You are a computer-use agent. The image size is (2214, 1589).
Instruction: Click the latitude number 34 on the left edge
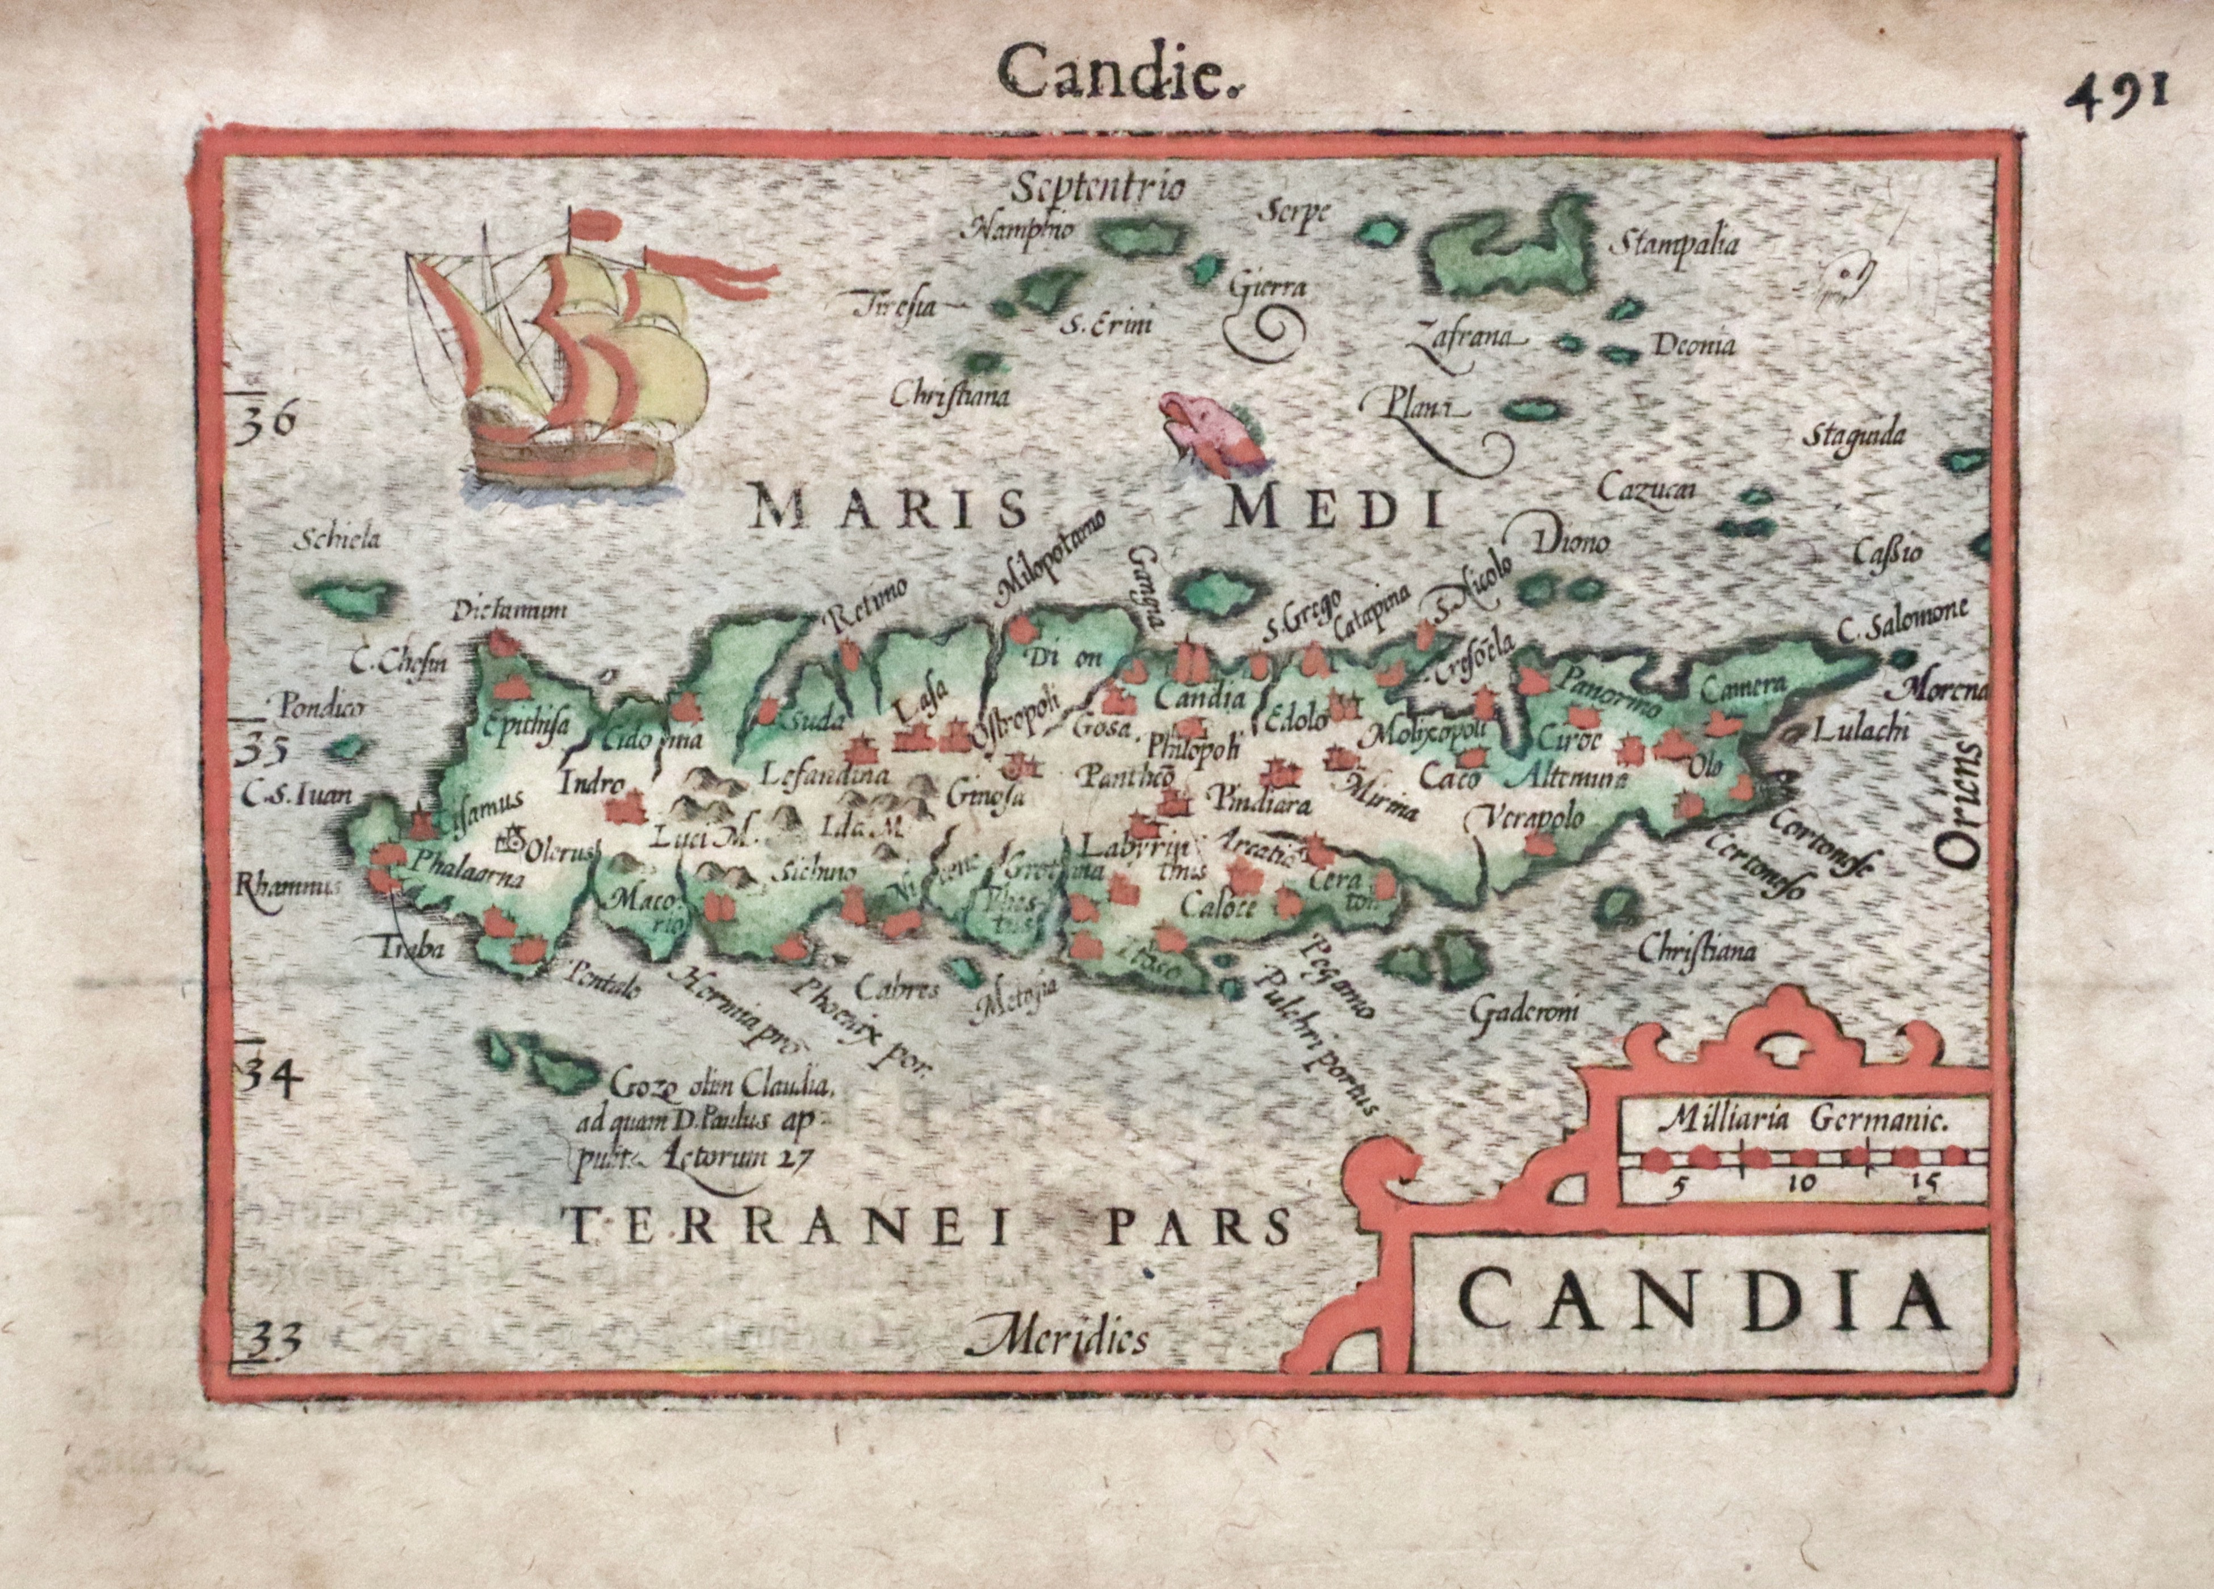[269, 1078]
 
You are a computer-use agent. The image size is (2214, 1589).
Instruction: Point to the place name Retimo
[867, 602]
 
